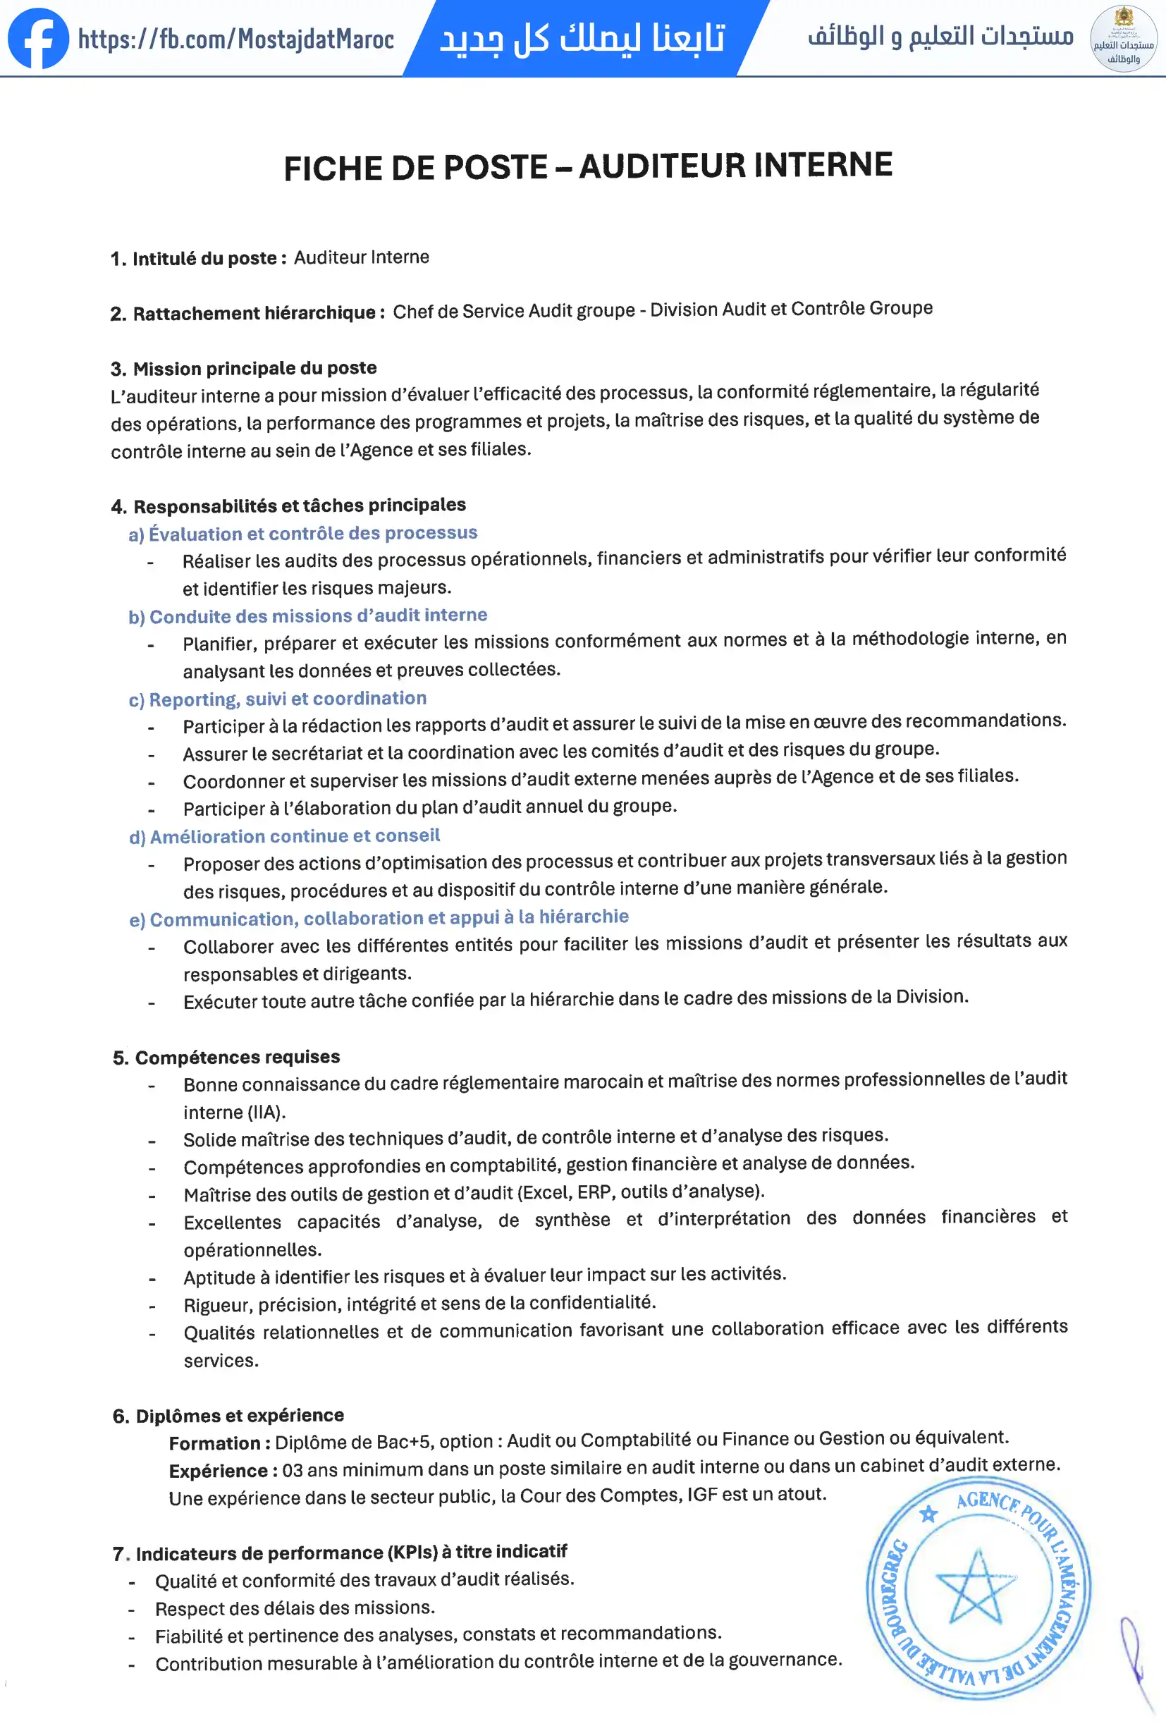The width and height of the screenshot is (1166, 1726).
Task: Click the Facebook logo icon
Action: point(39,39)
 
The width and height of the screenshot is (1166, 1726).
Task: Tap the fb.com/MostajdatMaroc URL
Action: point(236,39)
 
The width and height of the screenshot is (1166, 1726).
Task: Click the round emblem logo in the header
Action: point(1123,39)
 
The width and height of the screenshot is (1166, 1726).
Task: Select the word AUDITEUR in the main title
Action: point(662,166)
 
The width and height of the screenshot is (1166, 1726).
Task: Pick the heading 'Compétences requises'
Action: point(237,1057)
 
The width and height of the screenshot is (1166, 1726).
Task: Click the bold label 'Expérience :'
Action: point(223,1471)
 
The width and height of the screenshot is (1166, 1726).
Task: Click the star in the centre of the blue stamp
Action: point(976,1590)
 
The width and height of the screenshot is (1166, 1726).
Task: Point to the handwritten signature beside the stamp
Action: point(1136,1660)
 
